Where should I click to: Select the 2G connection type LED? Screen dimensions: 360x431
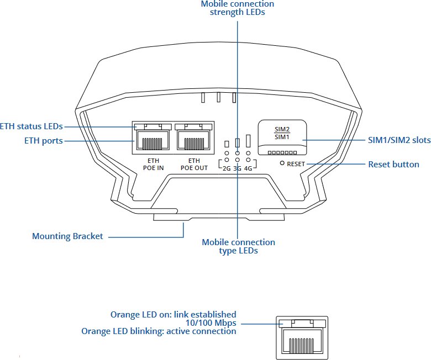[227, 153]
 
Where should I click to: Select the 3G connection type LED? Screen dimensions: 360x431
[238, 153]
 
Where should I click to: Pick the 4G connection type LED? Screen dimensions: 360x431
[249, 153]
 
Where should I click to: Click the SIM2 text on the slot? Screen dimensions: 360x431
[282, 129]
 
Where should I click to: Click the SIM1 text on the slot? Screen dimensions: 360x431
[282, 136]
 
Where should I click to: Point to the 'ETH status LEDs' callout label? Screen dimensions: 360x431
[31, 126]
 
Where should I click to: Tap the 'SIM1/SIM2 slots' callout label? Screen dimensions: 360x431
[399, 141]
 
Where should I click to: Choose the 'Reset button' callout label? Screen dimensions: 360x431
[393, 164]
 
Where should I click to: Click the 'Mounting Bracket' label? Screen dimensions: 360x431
[67, 236]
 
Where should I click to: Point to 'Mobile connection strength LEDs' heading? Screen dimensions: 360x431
[238, 8]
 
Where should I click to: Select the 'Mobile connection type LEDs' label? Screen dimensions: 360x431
[238, 246]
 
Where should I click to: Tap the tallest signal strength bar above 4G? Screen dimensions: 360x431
[249, 140]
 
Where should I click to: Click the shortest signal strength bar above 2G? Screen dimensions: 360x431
[227, 144]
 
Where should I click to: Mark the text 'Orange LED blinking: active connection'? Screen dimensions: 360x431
[159, 331]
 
